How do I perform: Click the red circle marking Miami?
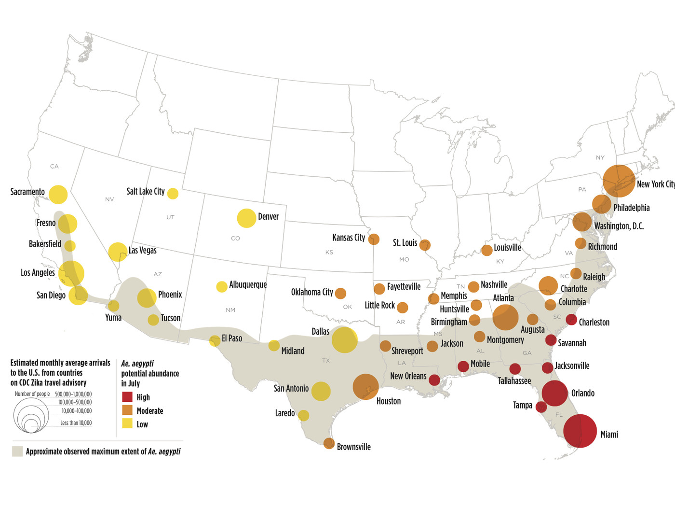pos(580,431)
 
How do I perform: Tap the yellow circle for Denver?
pos(246,218)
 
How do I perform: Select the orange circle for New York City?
pos(619,181)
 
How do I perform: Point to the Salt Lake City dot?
pos(173,194)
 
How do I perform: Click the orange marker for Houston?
pos(365,387)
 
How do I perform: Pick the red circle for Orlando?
pos(554,393)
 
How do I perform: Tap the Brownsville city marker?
pos(329,443)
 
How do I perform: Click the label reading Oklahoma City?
pos(312,292)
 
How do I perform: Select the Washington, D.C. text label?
pos(619,226)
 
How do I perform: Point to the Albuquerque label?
pos(248,284)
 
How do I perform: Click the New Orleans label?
pos(408,376)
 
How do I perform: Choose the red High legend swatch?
pos(127,397)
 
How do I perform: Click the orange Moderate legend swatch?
pos(127,410)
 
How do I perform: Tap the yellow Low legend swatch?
pos(127,424)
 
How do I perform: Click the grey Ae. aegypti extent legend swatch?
pos(17,451)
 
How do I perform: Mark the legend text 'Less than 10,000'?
pos(76,423)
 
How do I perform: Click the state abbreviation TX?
pos(326,361)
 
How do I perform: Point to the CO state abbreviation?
pos(235,239)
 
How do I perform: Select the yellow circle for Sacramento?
pos(58,194)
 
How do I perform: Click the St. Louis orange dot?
pos(425,245)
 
